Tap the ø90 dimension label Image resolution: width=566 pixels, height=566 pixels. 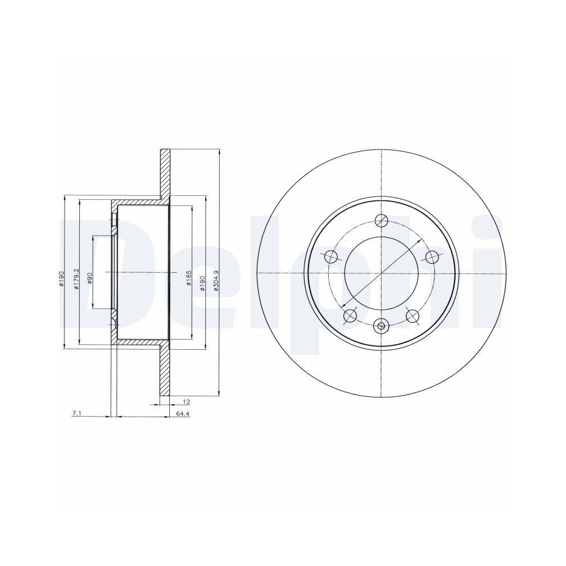(x=89, y=277)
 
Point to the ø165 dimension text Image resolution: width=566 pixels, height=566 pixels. (x=189, y=277)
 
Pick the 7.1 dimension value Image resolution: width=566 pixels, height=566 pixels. (x=77, y=414)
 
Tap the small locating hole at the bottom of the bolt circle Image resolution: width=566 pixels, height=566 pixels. (x=381, y=325)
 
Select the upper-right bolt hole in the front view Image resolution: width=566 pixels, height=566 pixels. (x=432, y=257)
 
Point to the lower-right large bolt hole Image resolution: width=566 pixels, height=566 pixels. (x=413, y=316)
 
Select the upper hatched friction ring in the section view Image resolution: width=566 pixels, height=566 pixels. (x=165, y=173)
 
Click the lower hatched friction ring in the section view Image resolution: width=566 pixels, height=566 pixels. (x=165, y=374)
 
